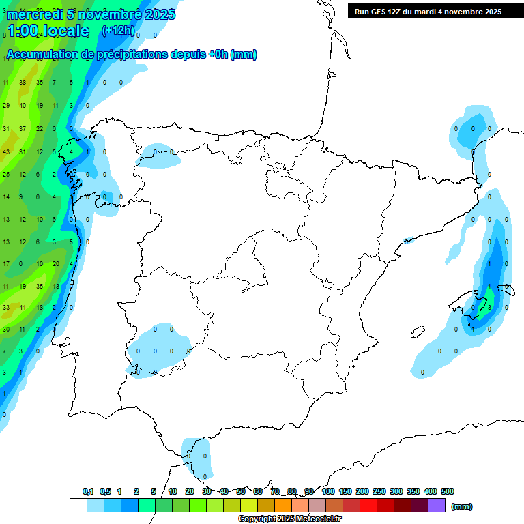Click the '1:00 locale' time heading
[48, 31]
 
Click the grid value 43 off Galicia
[6, 151]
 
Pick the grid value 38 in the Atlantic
[23, 83]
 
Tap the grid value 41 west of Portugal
[23, 308]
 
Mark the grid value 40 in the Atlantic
[23, 106]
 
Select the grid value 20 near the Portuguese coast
[56, 264]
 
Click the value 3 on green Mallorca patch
[489, 308]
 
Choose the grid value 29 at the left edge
[6, 106]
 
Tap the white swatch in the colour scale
[78, 505]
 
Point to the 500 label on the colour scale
[448, 491]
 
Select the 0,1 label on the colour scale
[88, 491]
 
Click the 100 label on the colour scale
[327, 491]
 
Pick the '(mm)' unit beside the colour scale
[462, 506]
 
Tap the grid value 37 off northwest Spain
[23, 129]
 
